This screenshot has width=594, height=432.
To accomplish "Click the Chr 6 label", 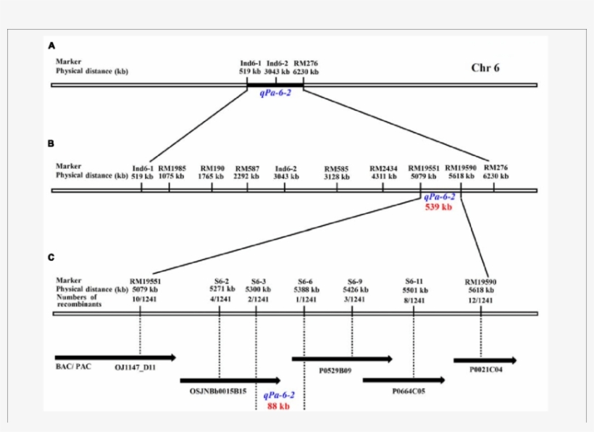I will [485, 68].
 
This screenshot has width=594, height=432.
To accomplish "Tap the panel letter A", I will [51, 45].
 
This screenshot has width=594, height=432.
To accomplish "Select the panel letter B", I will [51, 144].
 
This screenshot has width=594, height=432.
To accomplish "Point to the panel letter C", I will [51, 257].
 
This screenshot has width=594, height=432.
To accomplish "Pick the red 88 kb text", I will [278, 407].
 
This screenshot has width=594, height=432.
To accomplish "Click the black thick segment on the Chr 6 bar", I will [275, 85].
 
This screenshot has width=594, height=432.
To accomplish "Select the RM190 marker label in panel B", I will [212, 167].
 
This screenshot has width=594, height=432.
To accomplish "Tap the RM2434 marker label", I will [383, 167].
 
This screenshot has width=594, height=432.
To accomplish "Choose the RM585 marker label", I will [336, 167].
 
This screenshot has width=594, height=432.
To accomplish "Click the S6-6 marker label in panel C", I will [305, 281].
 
